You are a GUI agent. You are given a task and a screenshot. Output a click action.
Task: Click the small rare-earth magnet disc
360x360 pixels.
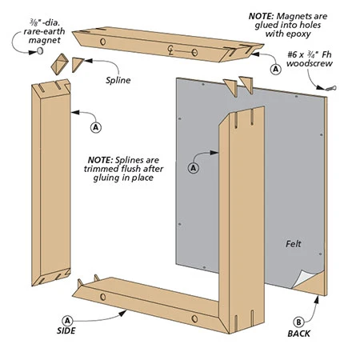[x=38, y=50]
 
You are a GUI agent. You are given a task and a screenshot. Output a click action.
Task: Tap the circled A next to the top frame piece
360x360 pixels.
[x=277, y=70]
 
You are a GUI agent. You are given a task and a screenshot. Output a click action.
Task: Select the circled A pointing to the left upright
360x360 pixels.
[x=96, y=126]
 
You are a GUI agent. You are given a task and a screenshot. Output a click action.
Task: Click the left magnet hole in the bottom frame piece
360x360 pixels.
[x=104, y=297]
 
